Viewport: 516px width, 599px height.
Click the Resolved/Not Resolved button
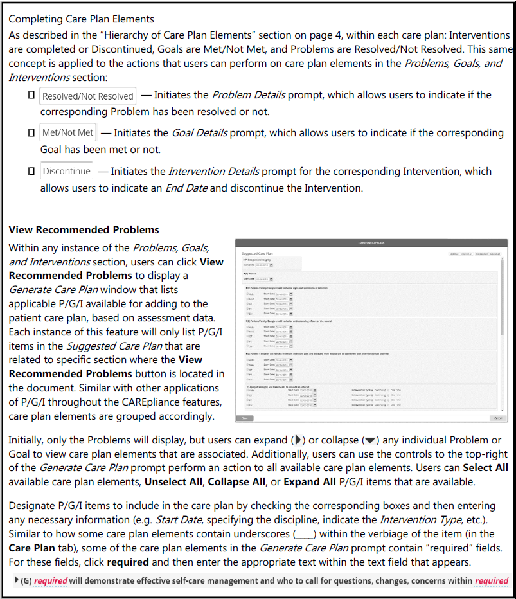tap(87, 96)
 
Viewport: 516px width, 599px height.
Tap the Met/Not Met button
tap(67, 133)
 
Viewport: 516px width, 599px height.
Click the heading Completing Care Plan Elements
tap(81, 19)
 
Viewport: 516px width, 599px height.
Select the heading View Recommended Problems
tap(84, 229)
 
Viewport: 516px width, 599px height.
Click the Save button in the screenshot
tap(245, 418)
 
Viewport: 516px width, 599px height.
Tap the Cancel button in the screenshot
tap(497, 418)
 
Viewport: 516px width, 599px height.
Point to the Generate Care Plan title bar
tap(371, 244)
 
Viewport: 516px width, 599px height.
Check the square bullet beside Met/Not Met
tap(31, 133)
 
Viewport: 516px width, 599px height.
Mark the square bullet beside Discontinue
tap(31, 172)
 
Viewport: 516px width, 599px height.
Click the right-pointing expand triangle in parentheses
tap(298, 440)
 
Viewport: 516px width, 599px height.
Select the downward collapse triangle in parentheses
tap(369, 440)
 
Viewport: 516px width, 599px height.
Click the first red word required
tap(51, 581)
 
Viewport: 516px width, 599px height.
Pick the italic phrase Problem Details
tap(248, 95)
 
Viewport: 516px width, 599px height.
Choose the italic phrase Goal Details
tap(199, 133)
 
